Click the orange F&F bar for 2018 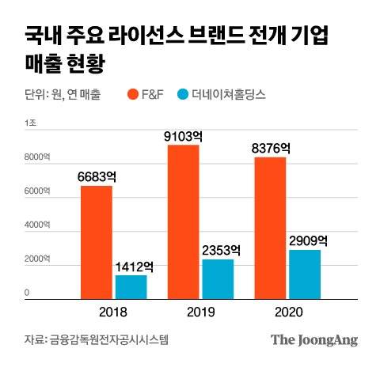point(96,241)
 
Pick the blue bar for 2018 point(131,286)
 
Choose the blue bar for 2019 point(218,278)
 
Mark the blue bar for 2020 point(304,273)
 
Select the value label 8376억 point(271,147)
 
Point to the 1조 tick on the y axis point(31,123)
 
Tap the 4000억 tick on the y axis point(36,225)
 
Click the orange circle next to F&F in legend point(132,94)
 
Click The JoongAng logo point(314,340)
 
